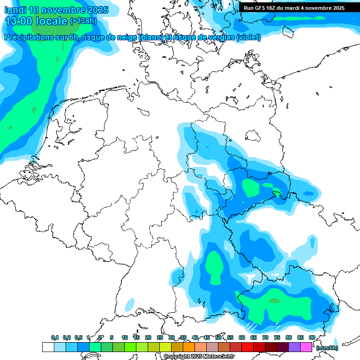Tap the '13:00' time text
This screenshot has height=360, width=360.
click(19, 21)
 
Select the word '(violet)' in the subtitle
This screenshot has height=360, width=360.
click(248, 37)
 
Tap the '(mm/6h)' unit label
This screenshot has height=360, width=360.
click(327, 348)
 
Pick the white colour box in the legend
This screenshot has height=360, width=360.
click(48, 347)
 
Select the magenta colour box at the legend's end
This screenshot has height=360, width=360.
click(306, 347)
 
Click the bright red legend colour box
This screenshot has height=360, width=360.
click(247, 347)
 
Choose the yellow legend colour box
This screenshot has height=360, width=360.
click(165, 347)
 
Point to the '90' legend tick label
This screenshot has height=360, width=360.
click(312, 337)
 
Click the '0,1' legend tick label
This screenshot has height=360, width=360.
click(55, 337)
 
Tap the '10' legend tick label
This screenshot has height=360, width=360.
click(124, 337)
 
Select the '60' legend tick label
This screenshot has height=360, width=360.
click(241, 337)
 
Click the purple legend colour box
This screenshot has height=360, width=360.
click(294, 347)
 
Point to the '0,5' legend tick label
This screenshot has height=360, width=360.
click(78, 337)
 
